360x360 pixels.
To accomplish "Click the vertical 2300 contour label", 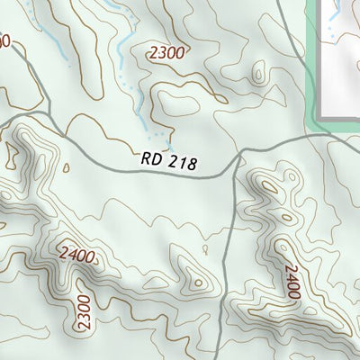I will (x=84, y=311).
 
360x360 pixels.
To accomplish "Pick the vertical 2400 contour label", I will (x=290, y=282).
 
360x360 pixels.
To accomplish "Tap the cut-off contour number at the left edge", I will (x=4, y=40).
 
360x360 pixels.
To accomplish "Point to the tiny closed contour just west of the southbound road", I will (x=206, y=249).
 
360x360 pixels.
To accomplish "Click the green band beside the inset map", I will (x=314, y=63).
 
